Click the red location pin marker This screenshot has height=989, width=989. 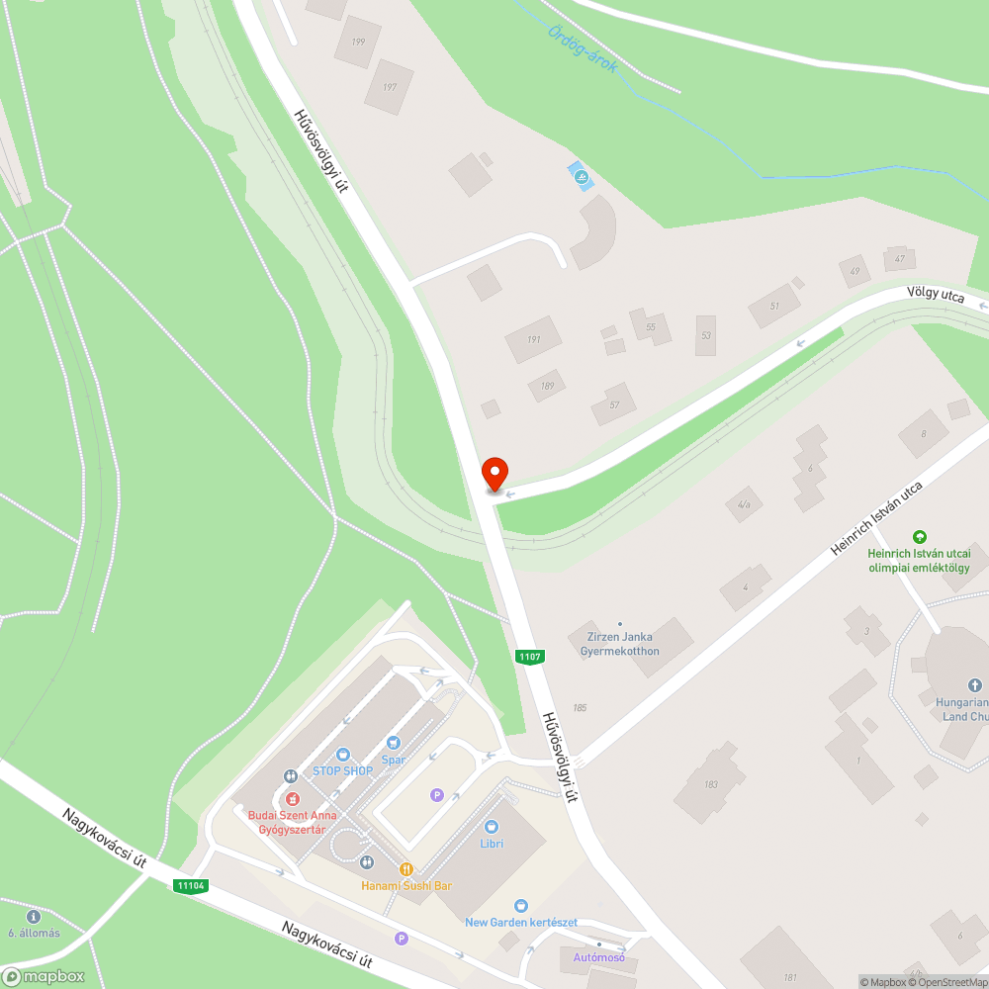(x=494, y=474)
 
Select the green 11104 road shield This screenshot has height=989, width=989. (x=191, y=886)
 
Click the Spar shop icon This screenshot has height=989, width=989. (x=394, y=742)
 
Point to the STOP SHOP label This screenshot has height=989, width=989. (x=342, y=770)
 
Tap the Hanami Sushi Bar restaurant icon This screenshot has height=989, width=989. (x=405, y=868)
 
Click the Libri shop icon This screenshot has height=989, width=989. (x=492, y=827)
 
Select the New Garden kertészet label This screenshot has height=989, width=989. (x=521, y=922)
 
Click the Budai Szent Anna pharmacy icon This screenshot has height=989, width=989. (x=292, y=798)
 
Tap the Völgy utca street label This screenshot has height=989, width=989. (x=935, y=295)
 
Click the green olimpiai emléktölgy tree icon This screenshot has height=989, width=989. (x=920, y=536)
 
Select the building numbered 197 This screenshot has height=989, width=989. (x=389, y=88)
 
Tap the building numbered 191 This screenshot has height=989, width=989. (x=534, y=339)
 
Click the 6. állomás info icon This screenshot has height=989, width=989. (x=34, y=917)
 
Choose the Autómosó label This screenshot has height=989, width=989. (x=598, y=957)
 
